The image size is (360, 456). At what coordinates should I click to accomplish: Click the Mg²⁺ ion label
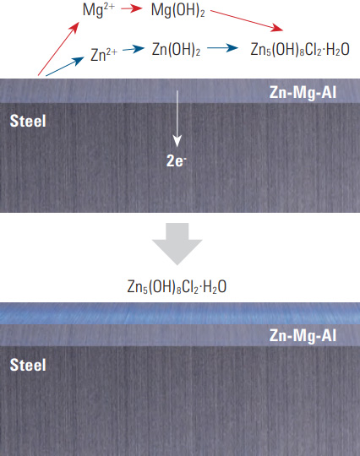pos(99,10)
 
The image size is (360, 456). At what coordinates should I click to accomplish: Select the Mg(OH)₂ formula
pos(177,10)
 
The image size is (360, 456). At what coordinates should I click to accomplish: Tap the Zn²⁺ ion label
pos(104,54)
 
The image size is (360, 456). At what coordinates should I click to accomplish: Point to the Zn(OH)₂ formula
pos(176,49)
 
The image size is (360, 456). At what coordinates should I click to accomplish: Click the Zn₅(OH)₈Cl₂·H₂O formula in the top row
pos(300,50)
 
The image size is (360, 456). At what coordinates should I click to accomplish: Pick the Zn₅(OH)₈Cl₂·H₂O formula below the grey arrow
pos(177,287)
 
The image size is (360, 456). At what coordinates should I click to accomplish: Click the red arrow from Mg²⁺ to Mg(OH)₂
pos(132,8)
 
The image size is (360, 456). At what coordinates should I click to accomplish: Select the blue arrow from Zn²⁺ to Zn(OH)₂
pos(134,49)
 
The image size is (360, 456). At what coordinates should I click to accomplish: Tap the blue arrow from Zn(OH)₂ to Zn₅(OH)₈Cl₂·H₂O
pos(222,47)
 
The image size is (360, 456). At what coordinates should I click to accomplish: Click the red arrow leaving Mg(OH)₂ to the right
pos(247,20)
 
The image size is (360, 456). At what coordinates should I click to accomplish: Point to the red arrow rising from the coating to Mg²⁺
pos(58,49)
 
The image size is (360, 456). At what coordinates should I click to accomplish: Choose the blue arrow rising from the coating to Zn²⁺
pos(65,67)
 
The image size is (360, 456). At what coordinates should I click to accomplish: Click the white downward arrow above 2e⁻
pos(177,119)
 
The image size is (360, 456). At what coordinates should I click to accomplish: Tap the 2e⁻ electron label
pos(177,160)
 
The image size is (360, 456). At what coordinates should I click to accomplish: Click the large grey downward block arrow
pos(177,244)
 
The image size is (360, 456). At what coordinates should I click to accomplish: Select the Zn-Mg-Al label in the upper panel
pos(303,93)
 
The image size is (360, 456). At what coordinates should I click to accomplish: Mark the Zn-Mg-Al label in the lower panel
pos(303,335)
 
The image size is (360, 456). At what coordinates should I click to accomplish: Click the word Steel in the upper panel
pos(28,121)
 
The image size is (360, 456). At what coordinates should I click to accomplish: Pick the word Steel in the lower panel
pos(28,365)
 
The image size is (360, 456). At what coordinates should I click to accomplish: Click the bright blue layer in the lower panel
pos(180,313)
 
